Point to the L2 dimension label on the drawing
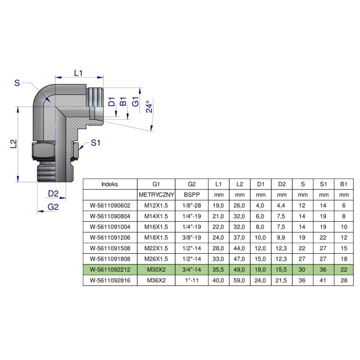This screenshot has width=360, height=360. [13, 144]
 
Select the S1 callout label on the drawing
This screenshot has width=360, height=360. [95, 143]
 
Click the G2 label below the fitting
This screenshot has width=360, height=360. [53, 207]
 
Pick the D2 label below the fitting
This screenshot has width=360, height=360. [53, 193]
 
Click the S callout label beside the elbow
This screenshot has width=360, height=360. [17, 83]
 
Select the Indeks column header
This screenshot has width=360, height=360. [110, 184]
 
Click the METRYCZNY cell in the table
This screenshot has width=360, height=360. [156, 195]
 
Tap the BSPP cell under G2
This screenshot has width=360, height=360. [191, 195]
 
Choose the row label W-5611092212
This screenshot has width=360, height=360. [110, 269]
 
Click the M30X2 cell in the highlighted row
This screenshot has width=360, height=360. [156, 269]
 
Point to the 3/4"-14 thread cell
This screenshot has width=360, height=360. [191, 269]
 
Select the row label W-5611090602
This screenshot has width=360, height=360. [110, 206]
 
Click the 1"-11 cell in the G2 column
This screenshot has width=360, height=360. [191, 279]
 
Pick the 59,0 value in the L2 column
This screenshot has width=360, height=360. [239, 279]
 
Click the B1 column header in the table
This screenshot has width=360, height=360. [344, 184]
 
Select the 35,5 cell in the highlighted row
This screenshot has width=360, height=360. [219, 269]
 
